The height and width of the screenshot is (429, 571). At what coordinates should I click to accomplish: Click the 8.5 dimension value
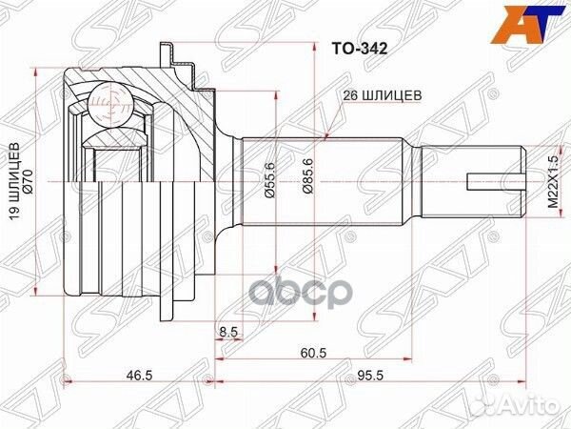coord(227,332)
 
